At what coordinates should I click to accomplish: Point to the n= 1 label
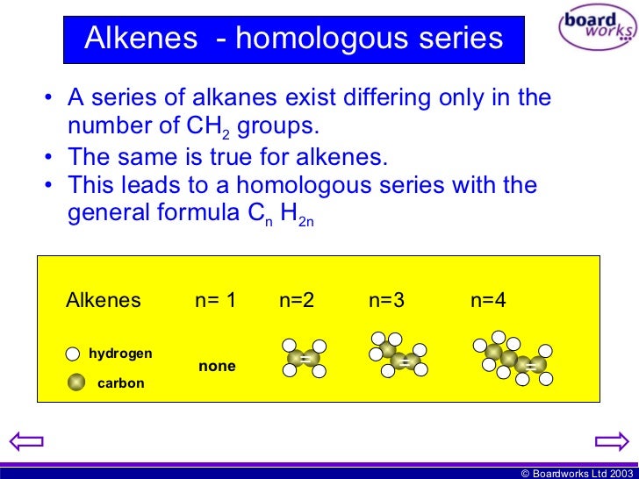(216, 300)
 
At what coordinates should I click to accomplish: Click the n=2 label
(297, 300)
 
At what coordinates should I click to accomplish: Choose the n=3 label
(387, 300)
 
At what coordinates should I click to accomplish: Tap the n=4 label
(488, 300)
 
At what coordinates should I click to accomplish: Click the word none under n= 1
(217, 366)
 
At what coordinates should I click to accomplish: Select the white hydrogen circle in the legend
(74, 354)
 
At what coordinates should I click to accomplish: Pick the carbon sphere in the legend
(76, 382)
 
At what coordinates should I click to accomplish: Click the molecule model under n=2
(305, 358)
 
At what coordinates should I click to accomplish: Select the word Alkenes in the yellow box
(104, 300)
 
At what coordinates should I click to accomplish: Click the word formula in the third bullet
(196, 214)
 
